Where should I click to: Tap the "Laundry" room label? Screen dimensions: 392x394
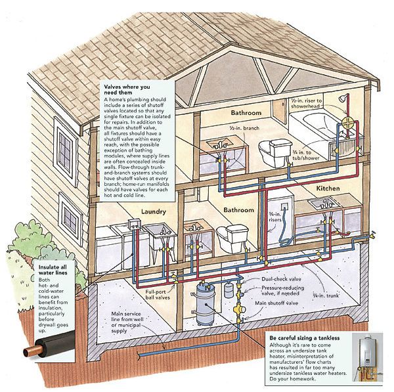[x=154, y=212]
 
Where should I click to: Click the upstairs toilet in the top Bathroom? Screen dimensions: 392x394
[x=270, y=153]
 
